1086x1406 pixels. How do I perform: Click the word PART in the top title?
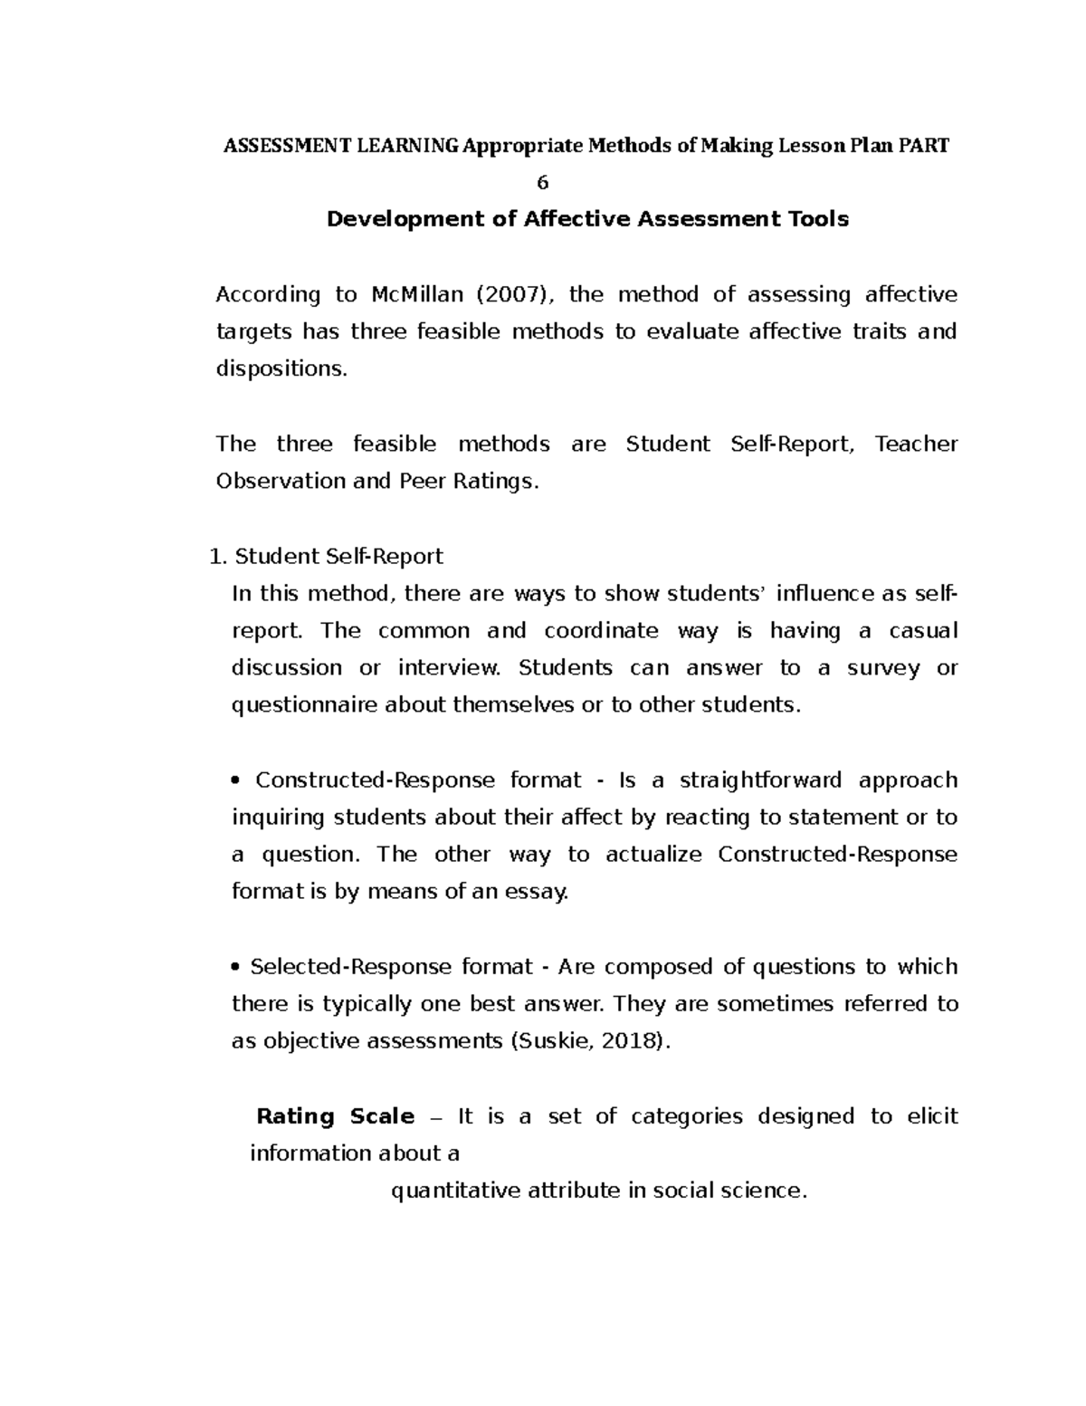click(x=923, y=146)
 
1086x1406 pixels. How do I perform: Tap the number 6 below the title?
click(x=543, y=183)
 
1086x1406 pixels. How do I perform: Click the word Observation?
click(x=281, y=482)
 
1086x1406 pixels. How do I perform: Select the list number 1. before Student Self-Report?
click(x=216, y=557)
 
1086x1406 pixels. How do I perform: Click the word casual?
click(x=923, y=631)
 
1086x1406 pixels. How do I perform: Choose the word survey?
click(x=882, y=668)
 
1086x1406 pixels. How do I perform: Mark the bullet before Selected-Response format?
click(x=237, y=967)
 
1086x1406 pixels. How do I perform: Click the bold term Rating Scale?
click(x=335, y=1116)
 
